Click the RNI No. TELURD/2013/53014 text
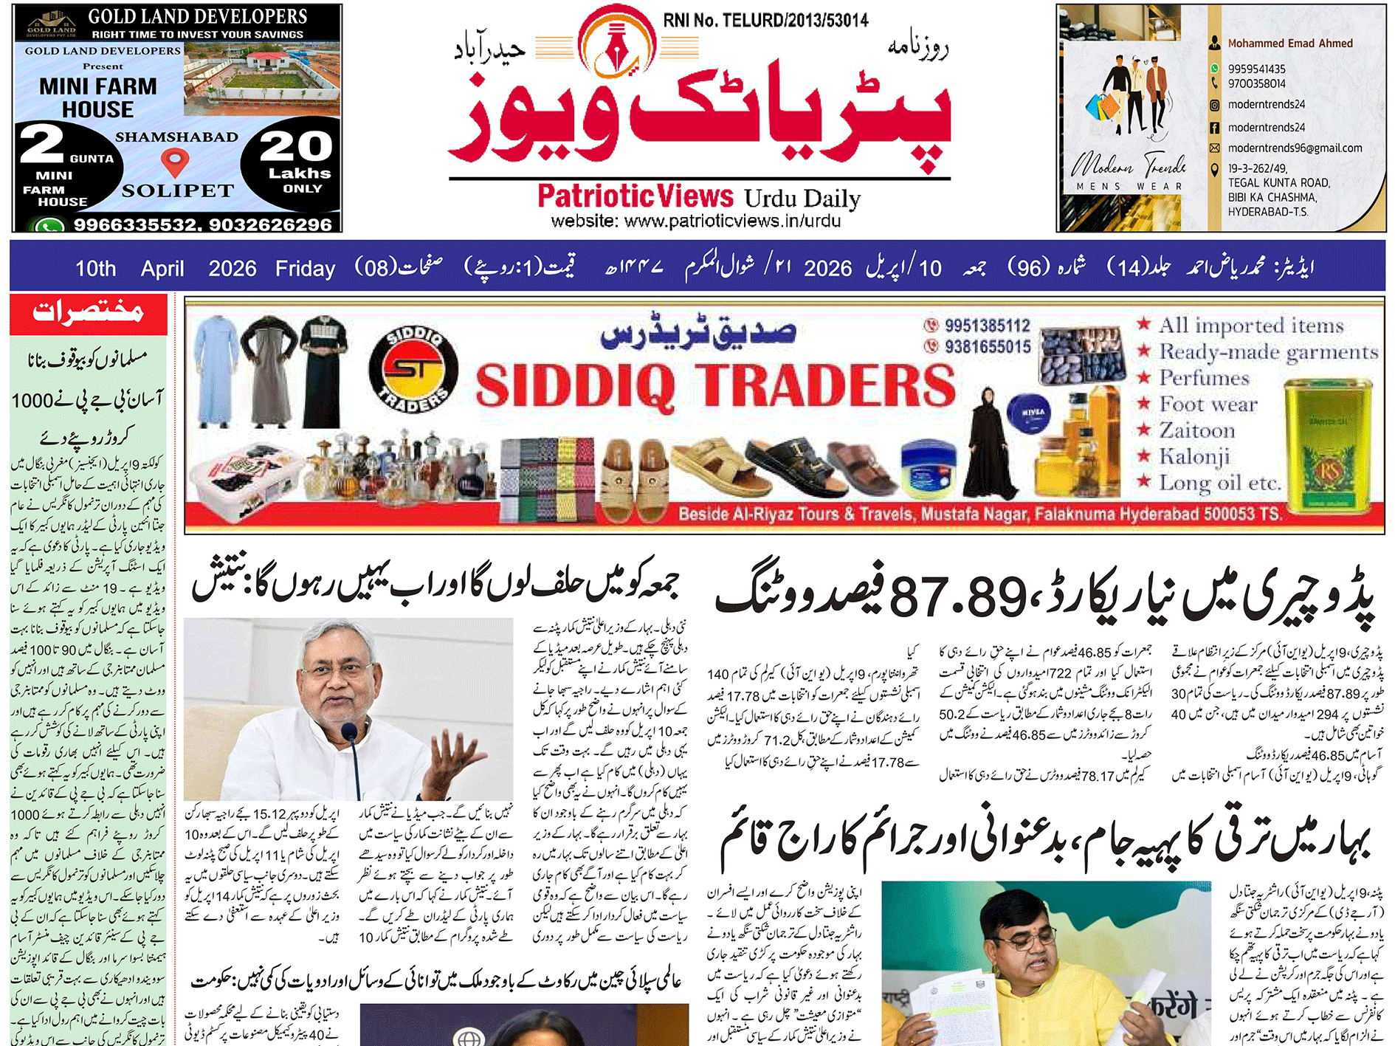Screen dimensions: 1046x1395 [765, 20]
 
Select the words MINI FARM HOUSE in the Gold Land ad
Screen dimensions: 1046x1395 [97, 97]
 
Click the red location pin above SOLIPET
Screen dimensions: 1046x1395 [175, 161]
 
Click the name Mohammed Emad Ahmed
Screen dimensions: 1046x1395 [1289, 44]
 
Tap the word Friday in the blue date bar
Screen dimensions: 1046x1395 [305, 268]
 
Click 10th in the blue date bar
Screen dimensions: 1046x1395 [96, 268]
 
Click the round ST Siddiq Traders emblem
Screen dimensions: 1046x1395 [413, 369]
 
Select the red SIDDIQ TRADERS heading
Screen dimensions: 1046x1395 [714, 385]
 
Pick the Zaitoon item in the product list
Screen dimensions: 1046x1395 [1196, 430]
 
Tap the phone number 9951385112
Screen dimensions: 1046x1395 [987, 325]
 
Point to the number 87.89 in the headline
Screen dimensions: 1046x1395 [957, 596]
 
